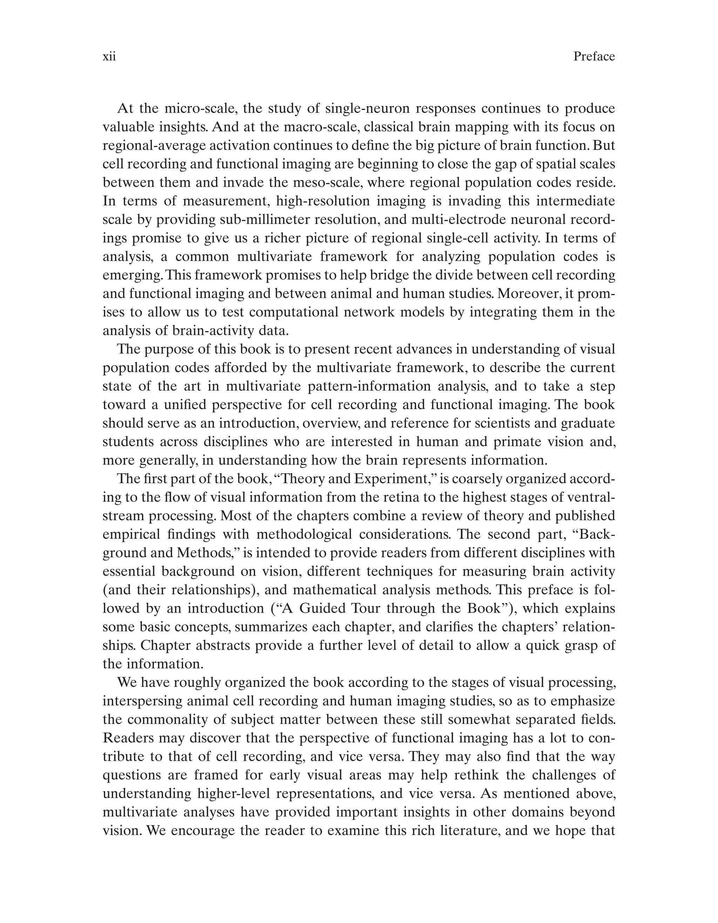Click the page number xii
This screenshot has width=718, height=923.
[x=109, y=57]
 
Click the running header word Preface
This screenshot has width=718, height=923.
[x=594, y=57]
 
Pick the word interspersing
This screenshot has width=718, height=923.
[x=141, y=701]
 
